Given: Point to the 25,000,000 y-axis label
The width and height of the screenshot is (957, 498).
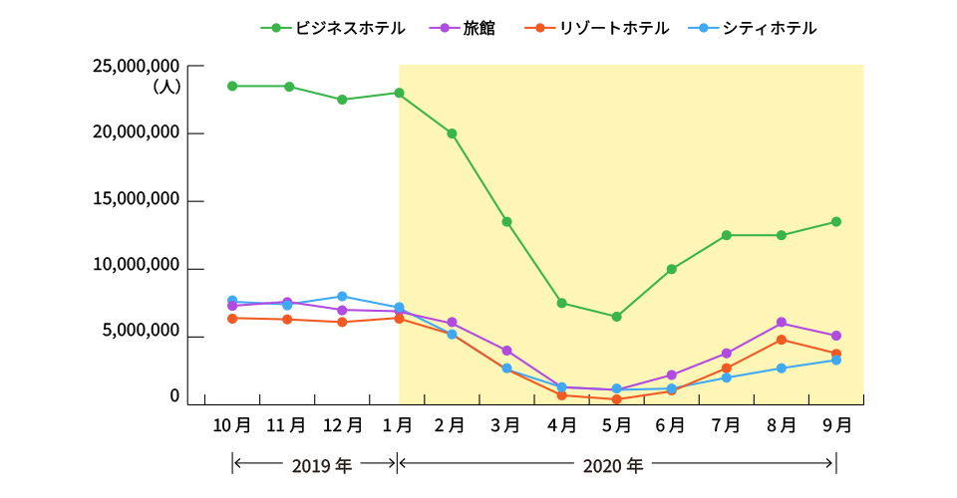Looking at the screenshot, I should point(136,66).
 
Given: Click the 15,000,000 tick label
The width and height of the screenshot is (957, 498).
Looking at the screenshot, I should point(136,199).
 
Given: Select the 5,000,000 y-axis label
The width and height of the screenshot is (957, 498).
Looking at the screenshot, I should point(142,331).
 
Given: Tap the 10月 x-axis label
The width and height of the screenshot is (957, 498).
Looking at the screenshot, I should point(231,425).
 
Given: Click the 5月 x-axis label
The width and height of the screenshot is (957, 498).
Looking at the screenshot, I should point(616,425).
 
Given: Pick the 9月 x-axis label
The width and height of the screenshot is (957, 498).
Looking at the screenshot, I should point(835,425).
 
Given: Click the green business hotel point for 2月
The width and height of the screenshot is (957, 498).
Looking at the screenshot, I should point(452,133).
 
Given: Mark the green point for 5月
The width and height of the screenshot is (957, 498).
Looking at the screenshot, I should point(616,317).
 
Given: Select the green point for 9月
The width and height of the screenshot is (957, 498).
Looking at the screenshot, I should point(836,222).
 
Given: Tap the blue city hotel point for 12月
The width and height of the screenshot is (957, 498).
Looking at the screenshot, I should point(342,297).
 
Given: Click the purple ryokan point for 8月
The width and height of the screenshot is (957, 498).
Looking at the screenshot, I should point(782,323).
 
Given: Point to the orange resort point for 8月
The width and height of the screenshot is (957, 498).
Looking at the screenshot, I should point(782,340).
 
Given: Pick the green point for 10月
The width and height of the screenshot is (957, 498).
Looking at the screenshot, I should point(232,86).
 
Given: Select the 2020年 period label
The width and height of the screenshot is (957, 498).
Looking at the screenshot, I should point(613,465).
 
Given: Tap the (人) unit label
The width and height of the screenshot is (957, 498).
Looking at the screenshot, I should point(165,87).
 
